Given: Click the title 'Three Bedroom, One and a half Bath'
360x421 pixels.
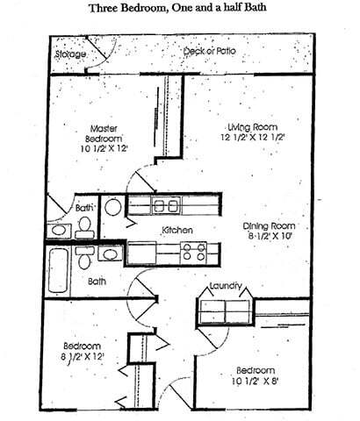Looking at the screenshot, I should pyautogui.click(x=179, y=11).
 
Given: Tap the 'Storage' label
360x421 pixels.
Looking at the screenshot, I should pyautogui.click(x=70, y=55).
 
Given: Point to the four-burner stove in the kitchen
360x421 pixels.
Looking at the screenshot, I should pyautogui.click(x=192, y=253).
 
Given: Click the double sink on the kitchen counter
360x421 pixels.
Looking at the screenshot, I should pyautogui.click(x=165, y=207).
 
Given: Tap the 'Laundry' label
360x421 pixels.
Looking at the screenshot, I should pyautogui.click(x=226, y=286).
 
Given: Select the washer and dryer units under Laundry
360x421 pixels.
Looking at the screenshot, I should pyautogui.click(x=225, y=310).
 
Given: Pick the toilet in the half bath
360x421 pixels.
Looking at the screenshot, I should pyautogui.click(x=85, y=228).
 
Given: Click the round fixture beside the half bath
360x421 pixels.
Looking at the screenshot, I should pyautogui.click(x=113, y=207).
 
